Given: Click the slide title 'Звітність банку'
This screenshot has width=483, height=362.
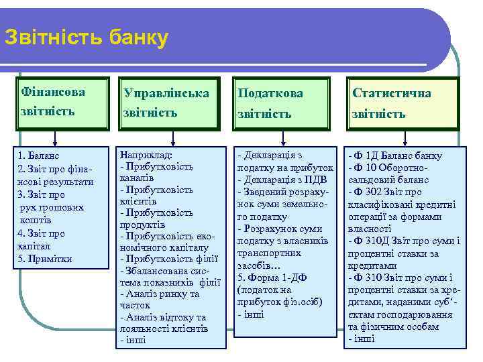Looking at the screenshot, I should coord(86,38).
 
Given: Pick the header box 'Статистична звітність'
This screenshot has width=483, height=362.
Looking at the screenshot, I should coord(401,103).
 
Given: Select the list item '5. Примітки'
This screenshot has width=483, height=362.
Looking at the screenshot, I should coord(46,259).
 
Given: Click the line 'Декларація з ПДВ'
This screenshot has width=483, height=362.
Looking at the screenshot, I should coord(275,180).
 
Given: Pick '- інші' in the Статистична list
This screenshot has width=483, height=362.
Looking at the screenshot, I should coord(362,339).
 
